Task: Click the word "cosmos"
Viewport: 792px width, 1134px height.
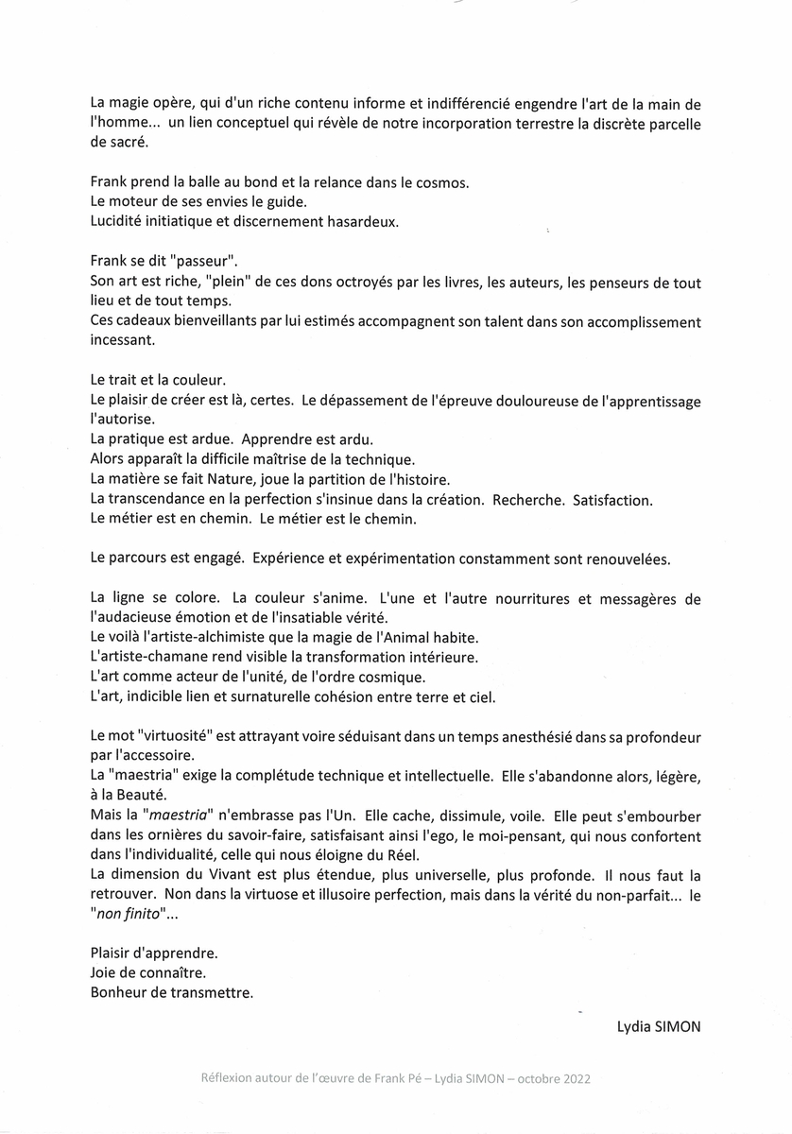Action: pos(439,181)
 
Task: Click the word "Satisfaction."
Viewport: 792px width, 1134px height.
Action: pos(612,499)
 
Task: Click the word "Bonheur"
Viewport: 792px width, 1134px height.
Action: pos(121,992)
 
